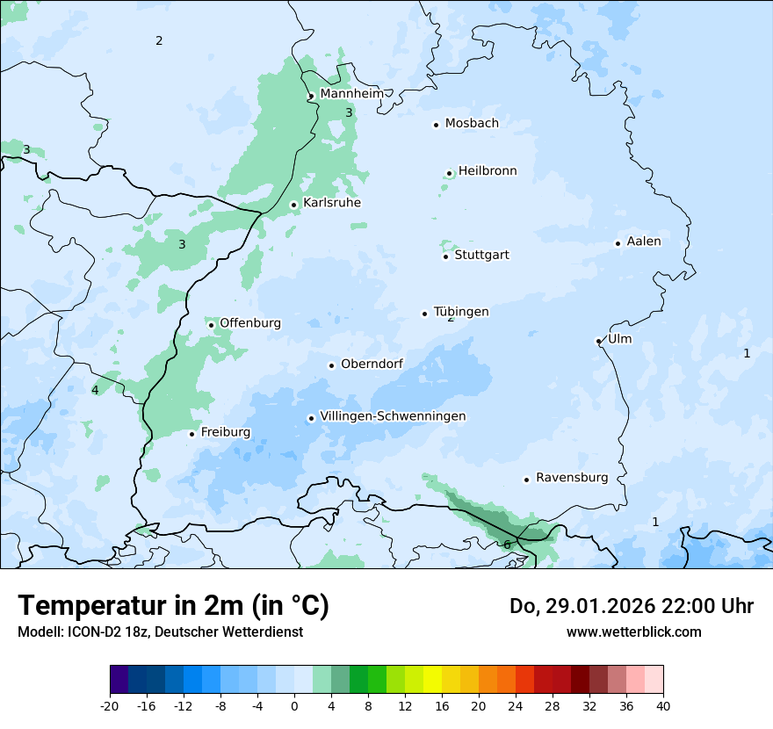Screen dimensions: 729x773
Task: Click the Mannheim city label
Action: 352,94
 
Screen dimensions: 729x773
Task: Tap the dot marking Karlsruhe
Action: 294,205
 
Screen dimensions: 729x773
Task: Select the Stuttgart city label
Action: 481,256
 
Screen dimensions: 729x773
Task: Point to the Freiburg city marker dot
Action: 191,434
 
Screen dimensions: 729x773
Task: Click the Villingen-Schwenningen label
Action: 393,416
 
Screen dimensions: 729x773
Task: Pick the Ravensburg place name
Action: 572,478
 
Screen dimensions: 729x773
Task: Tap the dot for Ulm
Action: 599,341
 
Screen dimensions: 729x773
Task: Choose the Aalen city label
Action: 644,242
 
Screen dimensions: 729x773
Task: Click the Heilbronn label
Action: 488,171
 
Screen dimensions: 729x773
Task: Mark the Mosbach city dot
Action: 436,125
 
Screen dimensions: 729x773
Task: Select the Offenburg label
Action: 250,323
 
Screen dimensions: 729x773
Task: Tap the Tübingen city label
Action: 461,312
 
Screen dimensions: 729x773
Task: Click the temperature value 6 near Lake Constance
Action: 507,545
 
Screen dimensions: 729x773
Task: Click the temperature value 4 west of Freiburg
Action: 95,390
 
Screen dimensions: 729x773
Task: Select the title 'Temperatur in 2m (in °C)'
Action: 173,606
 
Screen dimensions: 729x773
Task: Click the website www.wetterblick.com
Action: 633,632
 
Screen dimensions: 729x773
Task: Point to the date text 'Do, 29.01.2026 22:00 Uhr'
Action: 632,606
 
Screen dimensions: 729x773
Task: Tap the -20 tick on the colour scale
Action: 110,705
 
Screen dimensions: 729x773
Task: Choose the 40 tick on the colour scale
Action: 663,705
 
